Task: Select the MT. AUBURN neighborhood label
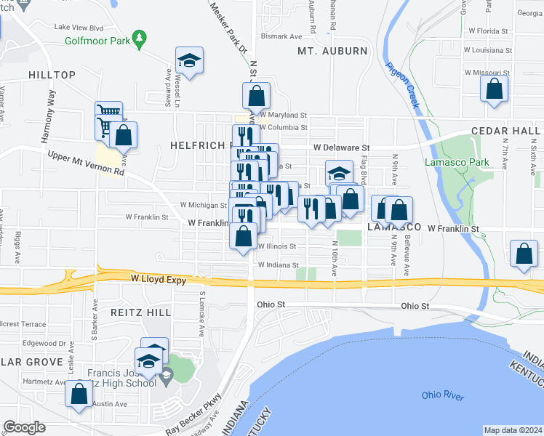click(x=332, y=51)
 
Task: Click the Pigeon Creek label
click(x=403, y=84)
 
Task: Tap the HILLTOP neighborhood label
click(x=52, y=75)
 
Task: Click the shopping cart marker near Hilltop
click(x=108, y=114)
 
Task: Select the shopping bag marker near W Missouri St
click(x=494, y=90)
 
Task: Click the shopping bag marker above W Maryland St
click(x=256, y=96)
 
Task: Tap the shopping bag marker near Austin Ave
click(x=79, y=394)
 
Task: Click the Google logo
click(x=24, y=427)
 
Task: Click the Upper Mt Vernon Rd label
click(x=86, y=164)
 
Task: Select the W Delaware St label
click(x=342, y=148)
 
